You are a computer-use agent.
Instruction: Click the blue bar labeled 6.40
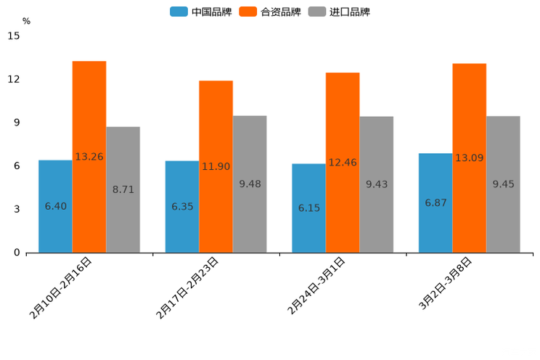pyautogui.click(x=55, y=206)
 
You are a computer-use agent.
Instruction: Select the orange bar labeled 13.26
pyautogui.click(x=89, y=157)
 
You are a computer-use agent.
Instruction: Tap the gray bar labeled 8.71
pyautogui.click(x=123, y=189)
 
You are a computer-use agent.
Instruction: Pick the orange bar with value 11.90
pyautogui.click(x=216, y=166)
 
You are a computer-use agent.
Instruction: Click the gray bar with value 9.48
pyautogui.click(x=250, y=184)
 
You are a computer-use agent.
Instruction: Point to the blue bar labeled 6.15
pyautogui.click(x=308, y=208)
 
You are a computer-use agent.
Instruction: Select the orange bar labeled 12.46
pyautogui.click(x=343, y=163)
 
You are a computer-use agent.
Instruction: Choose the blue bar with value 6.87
pyautogui.click(x=435, y=202)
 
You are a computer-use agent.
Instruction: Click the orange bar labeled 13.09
pyautogui.click(x=469, y=157)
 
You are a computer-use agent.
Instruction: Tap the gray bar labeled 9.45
pyautogui.click(x=503, y=184)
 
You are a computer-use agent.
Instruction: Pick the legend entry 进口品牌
pyautogui.click(x=340, y=12)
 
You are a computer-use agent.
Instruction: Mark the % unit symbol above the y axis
pyautogui.click(x=26, y=21)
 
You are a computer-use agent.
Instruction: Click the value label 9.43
pyautogui.click(x=376, y=184)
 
